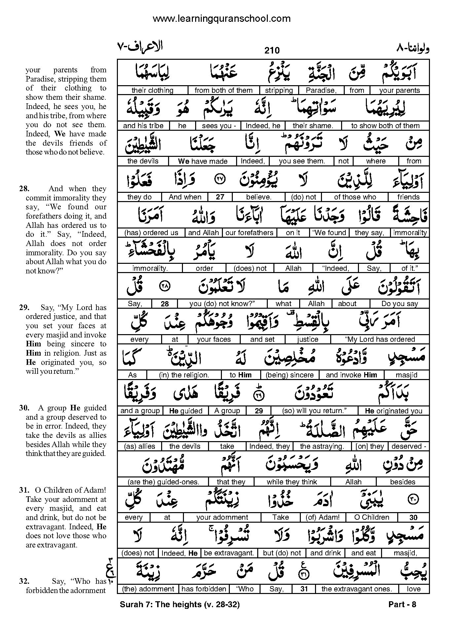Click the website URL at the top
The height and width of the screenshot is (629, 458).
222,19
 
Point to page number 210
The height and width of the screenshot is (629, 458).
272,50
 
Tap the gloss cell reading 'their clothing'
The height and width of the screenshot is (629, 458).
152,90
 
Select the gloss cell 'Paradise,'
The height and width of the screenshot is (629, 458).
321,90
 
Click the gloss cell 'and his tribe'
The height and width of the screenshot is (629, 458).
143,126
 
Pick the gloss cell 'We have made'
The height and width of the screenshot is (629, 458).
202,161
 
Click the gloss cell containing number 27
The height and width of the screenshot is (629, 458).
220,197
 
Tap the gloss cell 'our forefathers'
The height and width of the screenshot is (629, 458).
249,233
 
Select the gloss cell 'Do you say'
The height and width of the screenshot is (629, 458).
400,304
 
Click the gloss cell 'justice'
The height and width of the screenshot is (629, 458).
307,339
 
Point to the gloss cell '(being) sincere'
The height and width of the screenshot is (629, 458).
290,375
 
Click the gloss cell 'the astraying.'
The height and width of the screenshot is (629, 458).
322,446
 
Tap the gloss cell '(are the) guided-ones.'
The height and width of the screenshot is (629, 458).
163,482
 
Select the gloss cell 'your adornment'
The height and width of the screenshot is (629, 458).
222,517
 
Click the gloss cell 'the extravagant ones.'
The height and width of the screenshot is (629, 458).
356,589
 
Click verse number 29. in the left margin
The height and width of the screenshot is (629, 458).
24,308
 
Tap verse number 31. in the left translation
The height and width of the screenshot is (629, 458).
24,490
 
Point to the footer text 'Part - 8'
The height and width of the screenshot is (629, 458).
402,605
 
